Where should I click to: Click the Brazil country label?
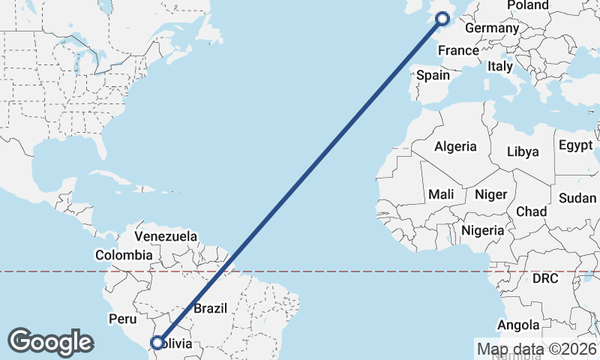click(210, 308)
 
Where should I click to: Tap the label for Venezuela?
click(166, 236)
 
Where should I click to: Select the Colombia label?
click(123, 255)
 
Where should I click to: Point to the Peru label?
click(122, 319)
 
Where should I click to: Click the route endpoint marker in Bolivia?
click(157, 343)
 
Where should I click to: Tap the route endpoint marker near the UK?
click(442, 18)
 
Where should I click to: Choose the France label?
click(458, 50)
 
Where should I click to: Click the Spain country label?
click(433, 75)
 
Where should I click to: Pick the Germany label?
click(492, 28)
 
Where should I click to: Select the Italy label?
click(500, 66)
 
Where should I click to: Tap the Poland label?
click(527, 5)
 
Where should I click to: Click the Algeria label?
click(455, 146)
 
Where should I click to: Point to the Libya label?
click(523, 151)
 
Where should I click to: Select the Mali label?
click(441, 194)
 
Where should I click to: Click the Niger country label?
click(490, 194)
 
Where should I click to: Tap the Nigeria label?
click(483, 230)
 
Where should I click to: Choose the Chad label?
click(531, 211)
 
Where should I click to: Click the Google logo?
click(51, 341)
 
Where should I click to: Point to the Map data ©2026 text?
click(537, 348)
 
